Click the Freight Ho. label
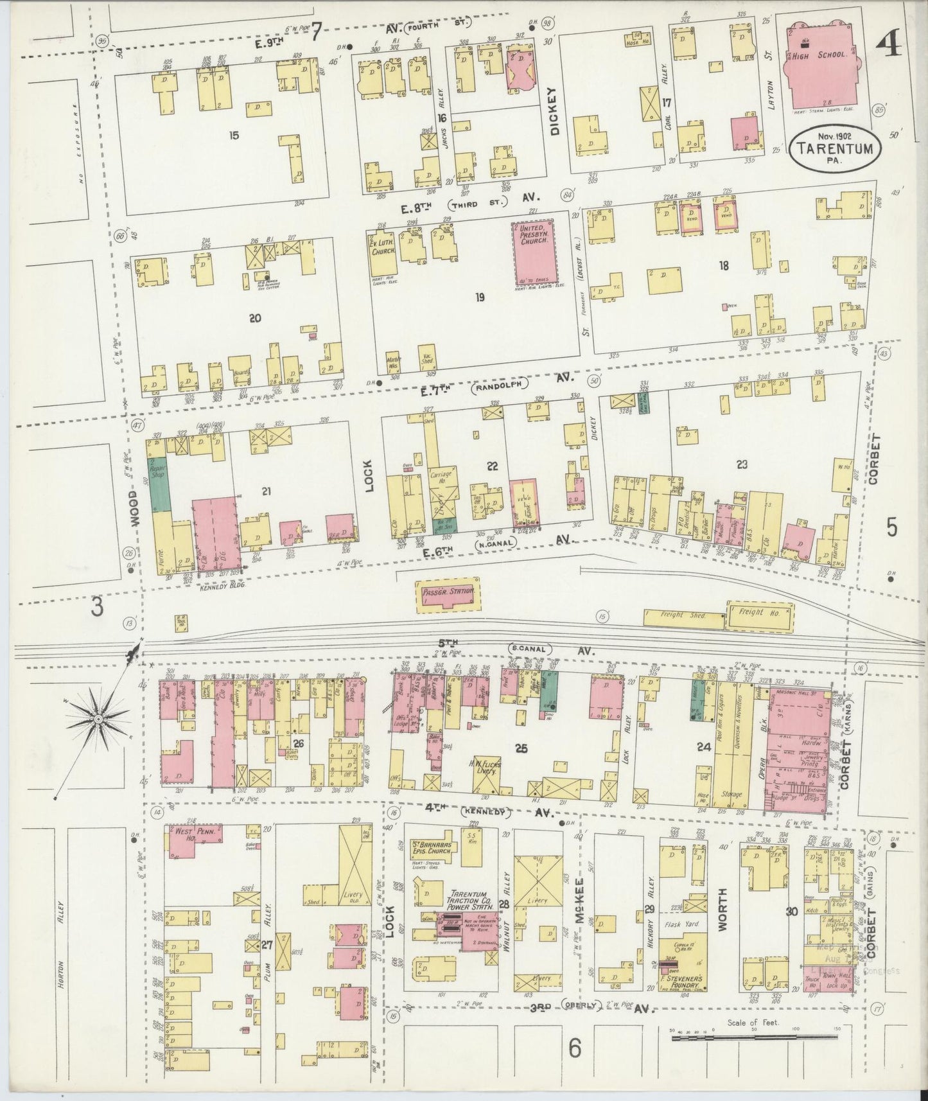click(x=758, y=613)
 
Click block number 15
click(x=234, y=136)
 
